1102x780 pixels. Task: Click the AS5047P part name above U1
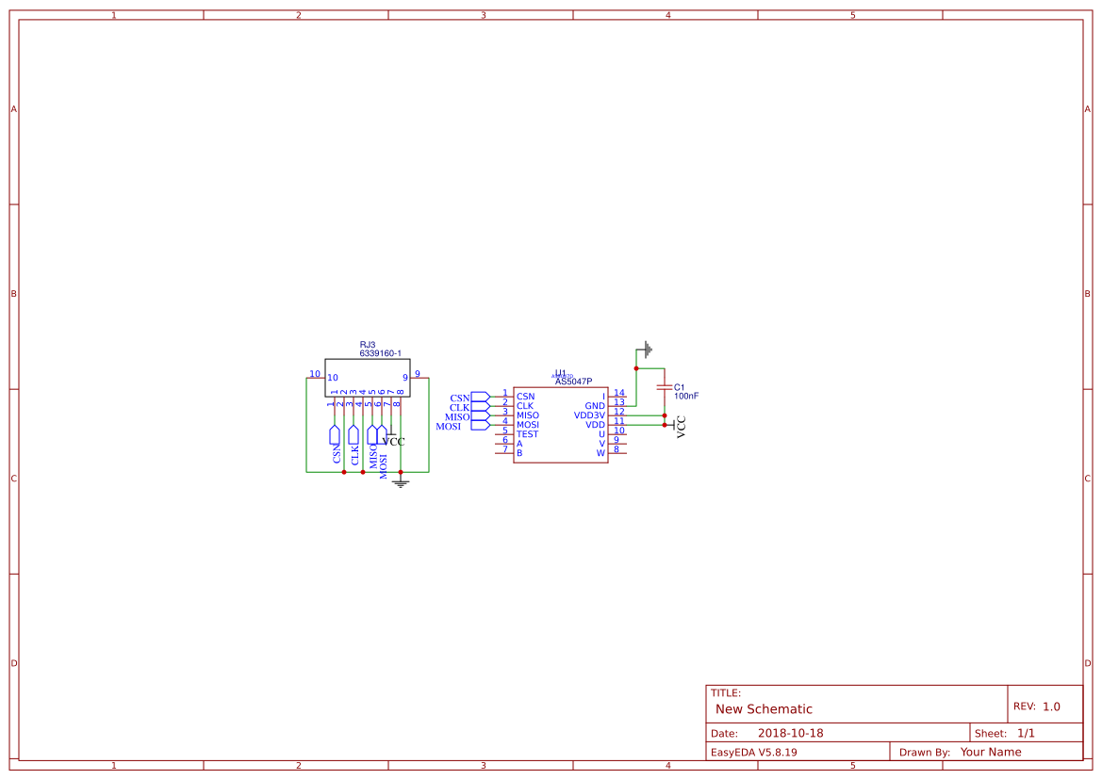tap(573, 382)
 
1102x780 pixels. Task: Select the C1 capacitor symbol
tap(665, 387)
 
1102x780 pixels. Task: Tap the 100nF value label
tap(686, 397)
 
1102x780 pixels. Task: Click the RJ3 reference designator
tap(368, 345)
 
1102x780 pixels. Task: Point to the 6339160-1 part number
tap(380, 353)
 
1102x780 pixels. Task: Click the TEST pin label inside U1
tap(527, 434)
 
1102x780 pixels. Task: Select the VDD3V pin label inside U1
tap(589, 415)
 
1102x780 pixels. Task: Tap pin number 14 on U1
tap(619, 393)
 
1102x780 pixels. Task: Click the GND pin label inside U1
tap(595, 406)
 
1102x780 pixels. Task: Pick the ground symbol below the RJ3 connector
tap(401, 483)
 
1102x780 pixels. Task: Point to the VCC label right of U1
tap(681, 427)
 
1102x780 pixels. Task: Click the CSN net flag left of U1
tap(480, 397)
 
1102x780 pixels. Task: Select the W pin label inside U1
tap(600, 453)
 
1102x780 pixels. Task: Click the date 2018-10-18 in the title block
tap(790, 733)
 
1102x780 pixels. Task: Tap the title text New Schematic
tap(764, 709)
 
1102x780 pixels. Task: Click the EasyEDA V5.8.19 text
tap(753, 752)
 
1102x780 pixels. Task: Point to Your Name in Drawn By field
tap(991, 752)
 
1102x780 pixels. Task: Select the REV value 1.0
tap(1051, 707)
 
